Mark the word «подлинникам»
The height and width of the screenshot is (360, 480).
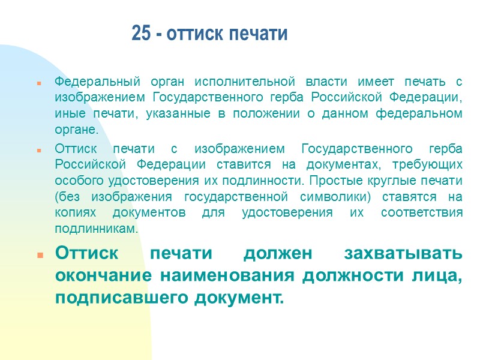[x=96, y=229]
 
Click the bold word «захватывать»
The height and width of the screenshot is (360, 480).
[x=403, y=254]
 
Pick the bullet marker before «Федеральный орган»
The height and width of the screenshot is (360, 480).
[x=38, y=82]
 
